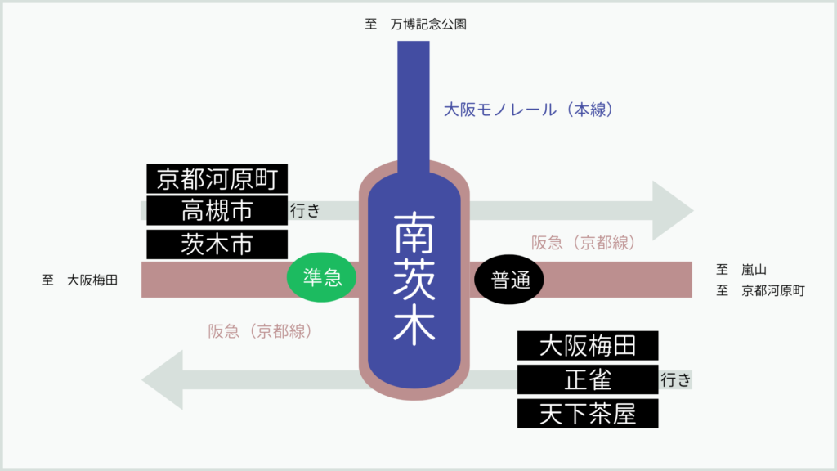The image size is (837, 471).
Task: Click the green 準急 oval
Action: pyautogui.click(x=321, y=277)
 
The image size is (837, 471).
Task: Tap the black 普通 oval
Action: pyautogui.click(x=509, y=280)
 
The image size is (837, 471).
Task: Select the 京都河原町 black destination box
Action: pyautogui.click(x=217, y=178)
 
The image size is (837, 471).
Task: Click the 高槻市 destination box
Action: pyautogui.click(x=217, y=210)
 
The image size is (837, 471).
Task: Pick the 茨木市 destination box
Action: pyautogui.click(x=217, y=244)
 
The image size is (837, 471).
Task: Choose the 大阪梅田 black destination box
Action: pyautogui.click(x=588, y=346)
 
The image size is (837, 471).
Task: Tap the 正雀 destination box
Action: pyautogui.click(x=588, y=379)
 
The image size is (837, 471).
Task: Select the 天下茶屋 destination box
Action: pyautogui.click(x=588, y=413)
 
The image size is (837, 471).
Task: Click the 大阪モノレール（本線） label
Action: pyautogui.click(x=529, y=110)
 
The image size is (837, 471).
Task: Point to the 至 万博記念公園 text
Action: pyautogui.click(x=416, y=24)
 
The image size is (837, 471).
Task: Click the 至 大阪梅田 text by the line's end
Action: pyautogui.click(x=80, y=280)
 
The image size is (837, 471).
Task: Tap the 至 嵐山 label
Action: pyautogui.click(x=741, y=270)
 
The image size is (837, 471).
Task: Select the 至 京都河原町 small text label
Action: pyautogui.click(x=760, y=290)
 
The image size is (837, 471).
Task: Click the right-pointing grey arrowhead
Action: pyautogui.click(x=672, y=210)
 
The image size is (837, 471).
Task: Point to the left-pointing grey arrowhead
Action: pyautogui.click(x=163, y=379)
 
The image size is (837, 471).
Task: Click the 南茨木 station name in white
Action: pyautogui.click(x=414, y=278)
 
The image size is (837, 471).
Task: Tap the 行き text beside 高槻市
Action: pyautogui.click(x=306, y=210)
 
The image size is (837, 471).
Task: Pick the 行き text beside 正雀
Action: pyautogui.click(x=676, y=379)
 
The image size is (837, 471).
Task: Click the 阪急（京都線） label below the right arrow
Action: pyautogui.click(x=584, y=243)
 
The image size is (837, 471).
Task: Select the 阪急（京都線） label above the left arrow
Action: pyautogui.click(x=261, y=331)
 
